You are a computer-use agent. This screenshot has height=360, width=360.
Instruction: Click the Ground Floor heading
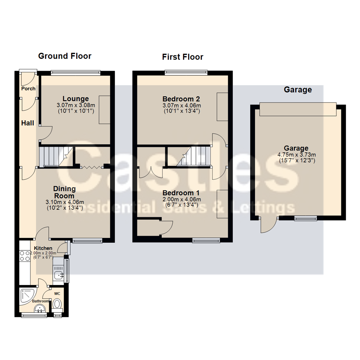pyautogui.click(x=65, y=56)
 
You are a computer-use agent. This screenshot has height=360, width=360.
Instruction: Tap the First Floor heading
pyautogui.click(x=183, y=57)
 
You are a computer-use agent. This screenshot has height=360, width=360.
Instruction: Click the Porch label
pyautogui.click(x=28, y=89)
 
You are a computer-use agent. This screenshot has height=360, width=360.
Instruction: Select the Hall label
pyautogui.click(x=28, y=123)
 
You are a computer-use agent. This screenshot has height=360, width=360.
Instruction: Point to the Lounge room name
pyautogui.click(x=76, y=99)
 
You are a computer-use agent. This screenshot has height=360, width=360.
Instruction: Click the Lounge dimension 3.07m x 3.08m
pyautogui.click(x=76, y=105)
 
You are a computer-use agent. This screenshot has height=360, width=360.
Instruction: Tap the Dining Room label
pyautogui.click(x=64, y=192)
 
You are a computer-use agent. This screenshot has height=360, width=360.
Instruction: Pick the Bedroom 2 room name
pyautogui.click(x=181, y=99)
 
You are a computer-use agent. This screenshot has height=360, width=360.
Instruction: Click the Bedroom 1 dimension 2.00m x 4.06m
pyautogui.click(x=182, y=199)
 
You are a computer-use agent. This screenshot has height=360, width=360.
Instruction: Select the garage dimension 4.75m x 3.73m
pyautogui.click(x=297, y=155)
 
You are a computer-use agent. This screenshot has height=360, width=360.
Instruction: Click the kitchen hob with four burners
pyautogui.click(x=25, y=256)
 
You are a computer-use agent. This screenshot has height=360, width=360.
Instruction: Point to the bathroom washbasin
pyautogui.click(x=40, y=308)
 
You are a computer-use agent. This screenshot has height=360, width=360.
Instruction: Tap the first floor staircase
pyautogui.click(x=193, y=156)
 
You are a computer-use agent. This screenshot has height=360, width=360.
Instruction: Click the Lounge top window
pyautogui.click(x=76, y=73)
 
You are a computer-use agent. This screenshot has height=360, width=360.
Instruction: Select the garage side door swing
pyautogui.click(x=269, y=225)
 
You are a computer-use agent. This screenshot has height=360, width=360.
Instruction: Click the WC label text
pyautogui.click(x=57, y=294)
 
